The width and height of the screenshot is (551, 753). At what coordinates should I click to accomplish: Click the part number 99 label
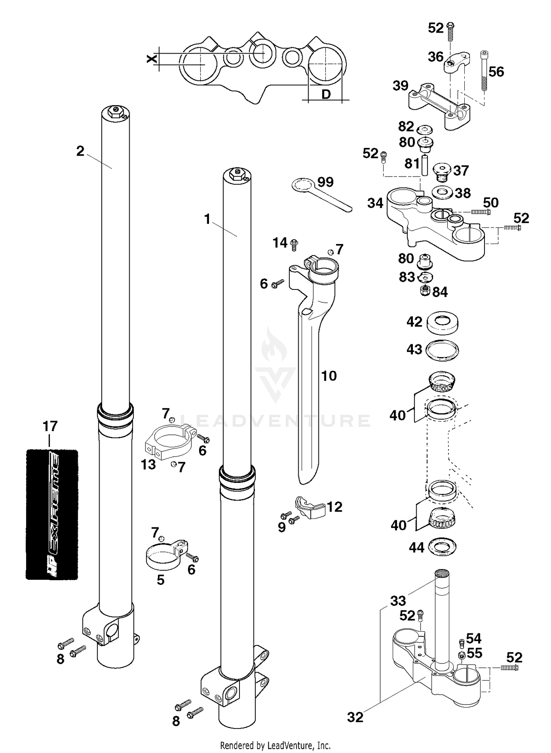pos(325,182)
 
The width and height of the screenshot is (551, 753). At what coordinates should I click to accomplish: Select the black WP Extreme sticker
pos(52,514)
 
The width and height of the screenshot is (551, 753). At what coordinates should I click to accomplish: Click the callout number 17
pos(50,426)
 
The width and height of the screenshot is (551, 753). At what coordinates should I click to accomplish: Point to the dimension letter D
pos(326,94)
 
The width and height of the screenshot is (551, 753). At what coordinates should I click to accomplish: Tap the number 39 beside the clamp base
pos(400,86)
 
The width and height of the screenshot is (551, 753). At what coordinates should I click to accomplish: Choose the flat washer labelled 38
pos(442,192)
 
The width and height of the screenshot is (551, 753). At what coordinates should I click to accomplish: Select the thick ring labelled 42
pos(442,323)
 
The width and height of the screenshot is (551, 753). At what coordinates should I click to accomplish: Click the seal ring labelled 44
pos(442,547)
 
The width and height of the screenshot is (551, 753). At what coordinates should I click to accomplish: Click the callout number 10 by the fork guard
pos(328,376)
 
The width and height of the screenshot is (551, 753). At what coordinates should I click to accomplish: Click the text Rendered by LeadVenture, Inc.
pos(275,745)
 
